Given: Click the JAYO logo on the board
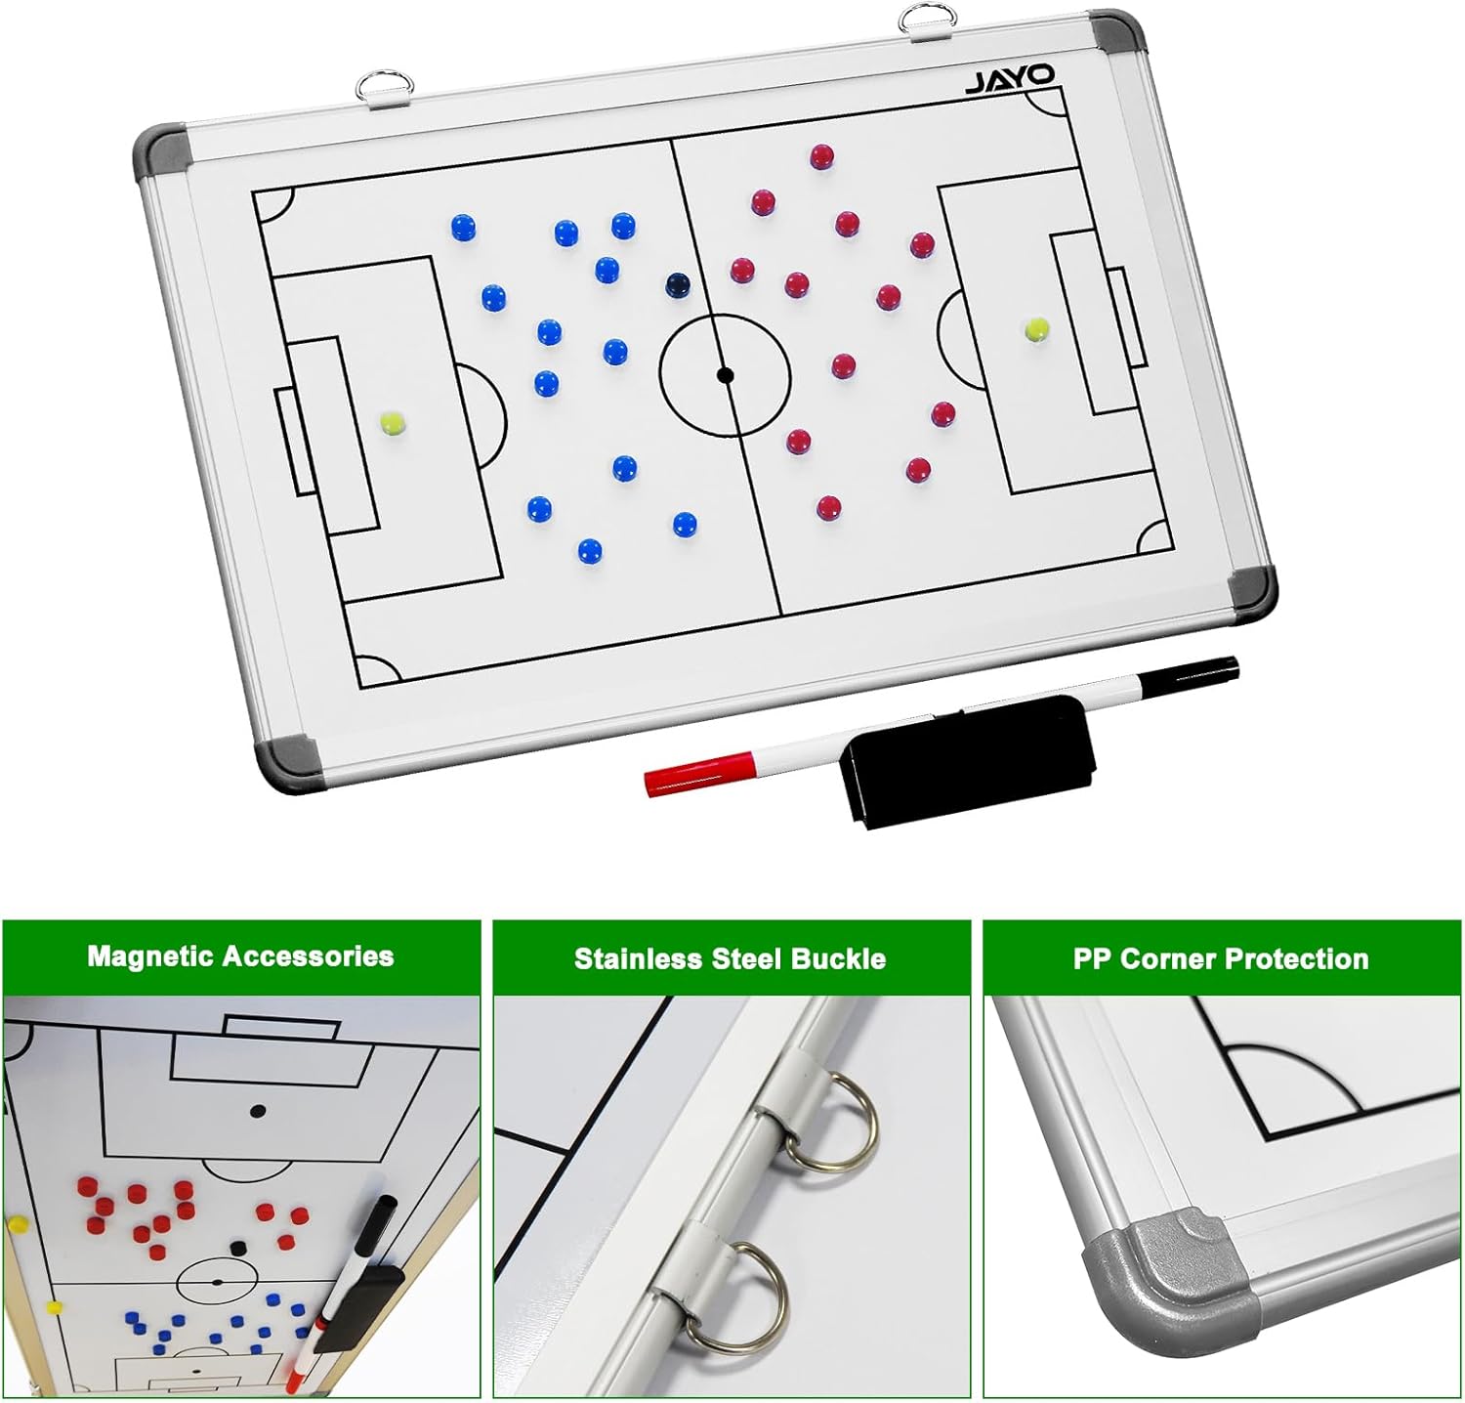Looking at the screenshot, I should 1010,79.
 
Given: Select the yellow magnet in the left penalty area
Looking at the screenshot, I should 393,423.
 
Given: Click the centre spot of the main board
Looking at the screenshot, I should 725,374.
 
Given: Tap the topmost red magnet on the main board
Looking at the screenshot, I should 821,156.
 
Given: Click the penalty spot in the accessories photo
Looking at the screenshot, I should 258,1111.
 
